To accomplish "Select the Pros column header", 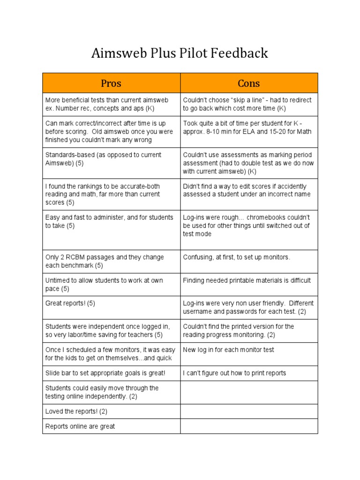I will pyautogui.click(x=111, y=83).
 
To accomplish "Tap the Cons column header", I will pyautogui.click(x=249, y=83).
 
